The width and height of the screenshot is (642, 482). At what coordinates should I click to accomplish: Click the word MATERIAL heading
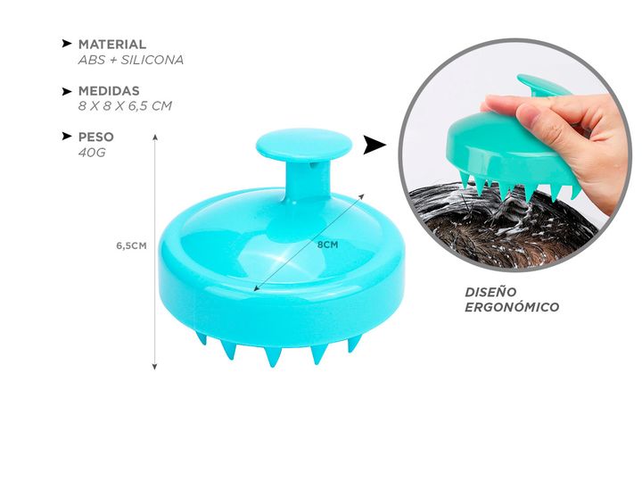click(112, 44)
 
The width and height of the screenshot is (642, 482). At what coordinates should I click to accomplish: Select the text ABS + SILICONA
click(131, 60)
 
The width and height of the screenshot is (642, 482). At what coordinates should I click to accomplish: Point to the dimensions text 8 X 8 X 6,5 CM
click(125, 106)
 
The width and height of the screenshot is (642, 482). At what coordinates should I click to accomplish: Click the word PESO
click(96, 137)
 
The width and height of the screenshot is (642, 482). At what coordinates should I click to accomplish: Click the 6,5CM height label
click(131, 246)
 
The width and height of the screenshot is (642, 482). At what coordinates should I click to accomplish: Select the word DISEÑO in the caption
click(491, 291)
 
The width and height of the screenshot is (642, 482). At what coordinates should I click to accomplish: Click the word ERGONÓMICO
click(512, 307)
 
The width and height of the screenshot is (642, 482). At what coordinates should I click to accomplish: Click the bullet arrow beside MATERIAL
click(67, 44)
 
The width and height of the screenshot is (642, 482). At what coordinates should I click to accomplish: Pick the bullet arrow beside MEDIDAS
click(67, 91)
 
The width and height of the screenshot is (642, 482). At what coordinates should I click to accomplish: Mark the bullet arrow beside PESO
click(67, 137)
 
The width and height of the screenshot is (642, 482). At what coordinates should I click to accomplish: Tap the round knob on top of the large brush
click(290, 145)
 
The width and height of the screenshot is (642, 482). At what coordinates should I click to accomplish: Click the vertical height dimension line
click(155, 250)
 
